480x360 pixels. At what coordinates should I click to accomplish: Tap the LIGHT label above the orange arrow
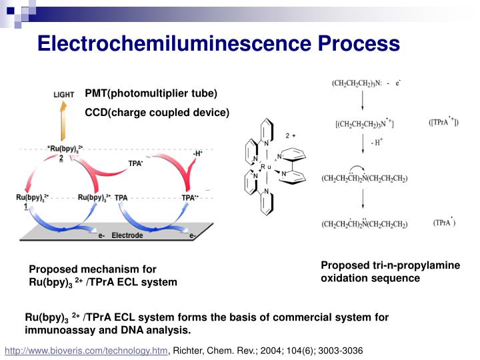(64, 95)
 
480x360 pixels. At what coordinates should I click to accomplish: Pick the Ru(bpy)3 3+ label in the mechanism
(93, 197)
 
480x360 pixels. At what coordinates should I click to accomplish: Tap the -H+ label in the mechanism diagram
(197, 153)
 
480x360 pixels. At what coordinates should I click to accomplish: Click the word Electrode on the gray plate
(127, 235)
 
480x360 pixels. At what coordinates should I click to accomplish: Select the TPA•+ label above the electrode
(190, 197)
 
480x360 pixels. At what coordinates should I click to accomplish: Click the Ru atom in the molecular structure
(263, 167)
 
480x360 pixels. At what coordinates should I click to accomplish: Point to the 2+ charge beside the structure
(290, 136)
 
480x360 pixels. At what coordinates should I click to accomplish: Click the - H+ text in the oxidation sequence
(378, 143)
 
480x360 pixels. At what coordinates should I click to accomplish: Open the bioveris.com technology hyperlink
(87, 350)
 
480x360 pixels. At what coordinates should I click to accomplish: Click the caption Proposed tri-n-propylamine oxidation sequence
(390, 271)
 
